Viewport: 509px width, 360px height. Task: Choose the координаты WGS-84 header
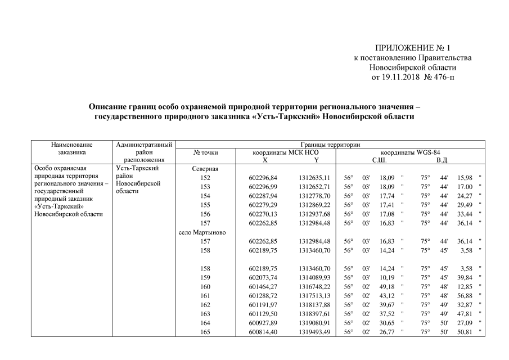click(411, 152)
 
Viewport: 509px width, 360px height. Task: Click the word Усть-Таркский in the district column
click(136, 168)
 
